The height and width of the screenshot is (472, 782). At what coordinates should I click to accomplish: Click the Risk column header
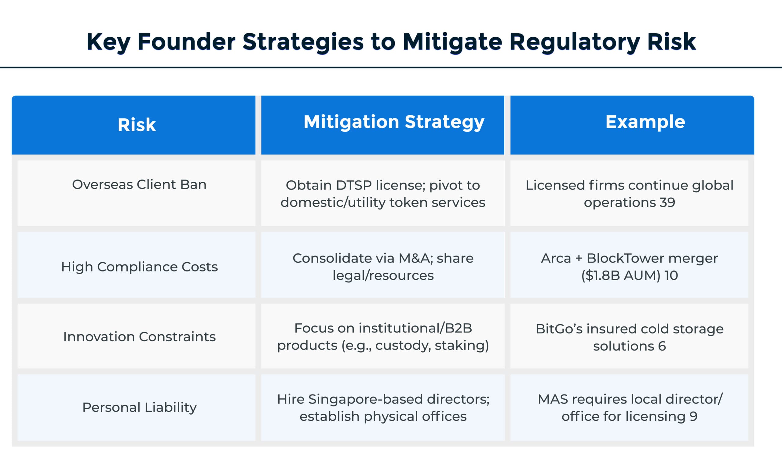click(137, 125)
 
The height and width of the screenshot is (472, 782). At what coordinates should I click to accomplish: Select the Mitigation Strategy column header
click(394, 122)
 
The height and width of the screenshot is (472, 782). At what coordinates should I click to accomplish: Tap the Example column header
click(645, 122)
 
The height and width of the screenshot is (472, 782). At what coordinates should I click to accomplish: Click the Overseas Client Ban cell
click(139, 185)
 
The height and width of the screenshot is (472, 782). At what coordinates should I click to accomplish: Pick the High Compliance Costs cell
click(139, 267)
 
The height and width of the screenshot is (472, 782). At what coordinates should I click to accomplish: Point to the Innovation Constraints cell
click(139, 336)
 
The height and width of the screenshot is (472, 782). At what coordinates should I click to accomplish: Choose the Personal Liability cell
click(139, 407)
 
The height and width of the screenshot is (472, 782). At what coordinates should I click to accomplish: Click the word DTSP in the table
click(353, 185)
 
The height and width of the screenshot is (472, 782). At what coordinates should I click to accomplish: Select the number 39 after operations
click(667, 202)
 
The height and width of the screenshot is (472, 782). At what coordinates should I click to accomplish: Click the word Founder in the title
click(186, 42)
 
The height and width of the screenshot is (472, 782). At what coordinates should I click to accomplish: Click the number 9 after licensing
click(693, 416)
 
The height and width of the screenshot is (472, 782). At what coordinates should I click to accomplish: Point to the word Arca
click(556, 258)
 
